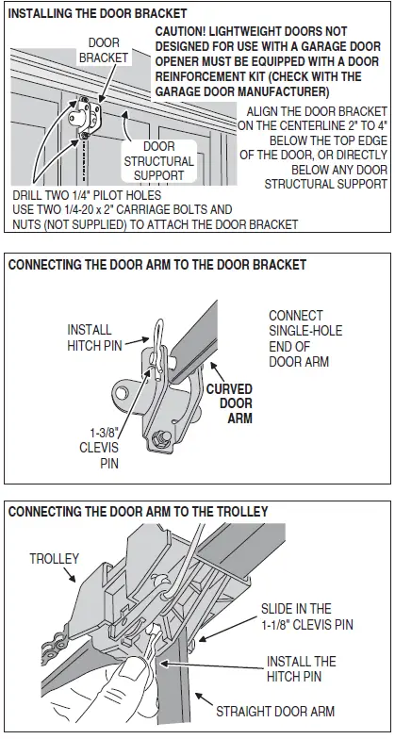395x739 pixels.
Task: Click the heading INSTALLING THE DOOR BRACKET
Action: tap(97, 14)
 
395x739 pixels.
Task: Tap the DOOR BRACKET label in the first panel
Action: tap(104, 51)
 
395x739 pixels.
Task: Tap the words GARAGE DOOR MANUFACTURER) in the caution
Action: tap(242, 91)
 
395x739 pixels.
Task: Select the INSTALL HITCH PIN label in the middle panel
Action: tap(91, 338)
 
